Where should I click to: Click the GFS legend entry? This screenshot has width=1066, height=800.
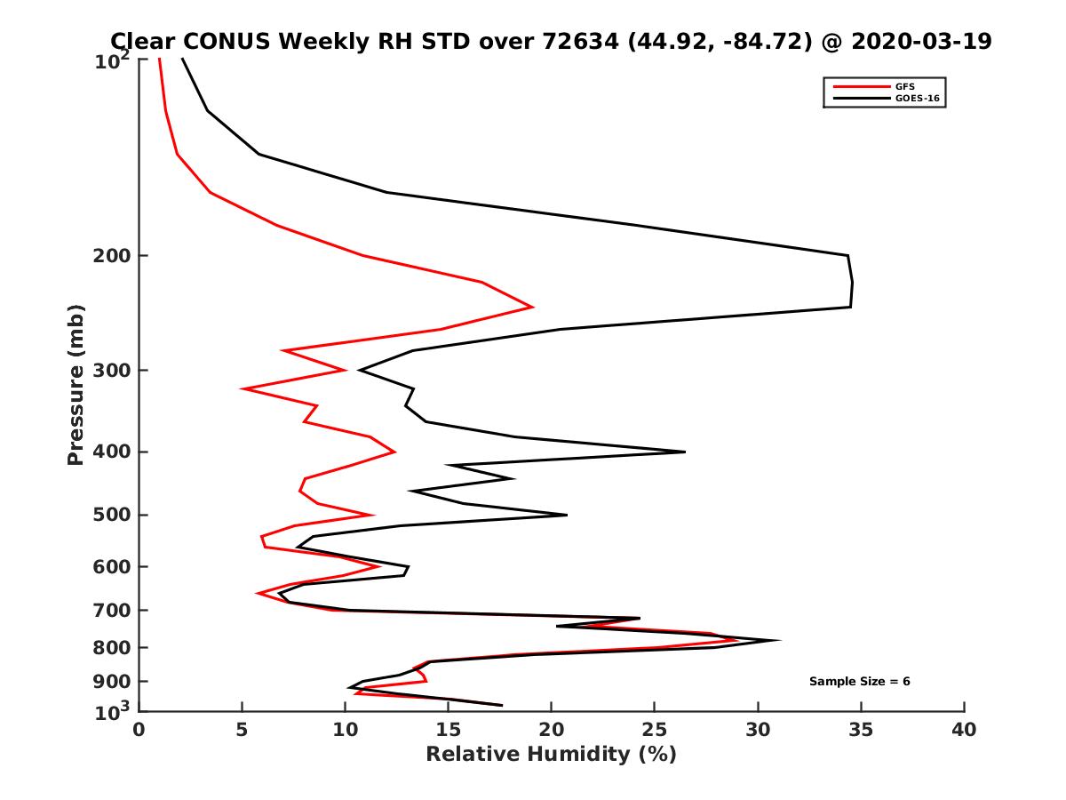905,86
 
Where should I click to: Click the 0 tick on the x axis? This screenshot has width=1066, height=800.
139,731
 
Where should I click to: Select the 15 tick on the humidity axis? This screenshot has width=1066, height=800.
448,731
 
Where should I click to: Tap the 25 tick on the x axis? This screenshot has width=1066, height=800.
655,731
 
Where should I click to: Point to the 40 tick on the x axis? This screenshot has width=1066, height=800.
964,731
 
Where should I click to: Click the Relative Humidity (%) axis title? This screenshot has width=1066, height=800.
551,755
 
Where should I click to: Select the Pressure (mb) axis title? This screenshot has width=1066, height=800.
76,385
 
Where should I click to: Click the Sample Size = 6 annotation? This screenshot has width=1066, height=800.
859,682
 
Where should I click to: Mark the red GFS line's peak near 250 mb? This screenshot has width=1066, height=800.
532,308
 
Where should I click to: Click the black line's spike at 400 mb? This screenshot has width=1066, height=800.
685,452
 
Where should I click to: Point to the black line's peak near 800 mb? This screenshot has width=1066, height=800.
780,640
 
